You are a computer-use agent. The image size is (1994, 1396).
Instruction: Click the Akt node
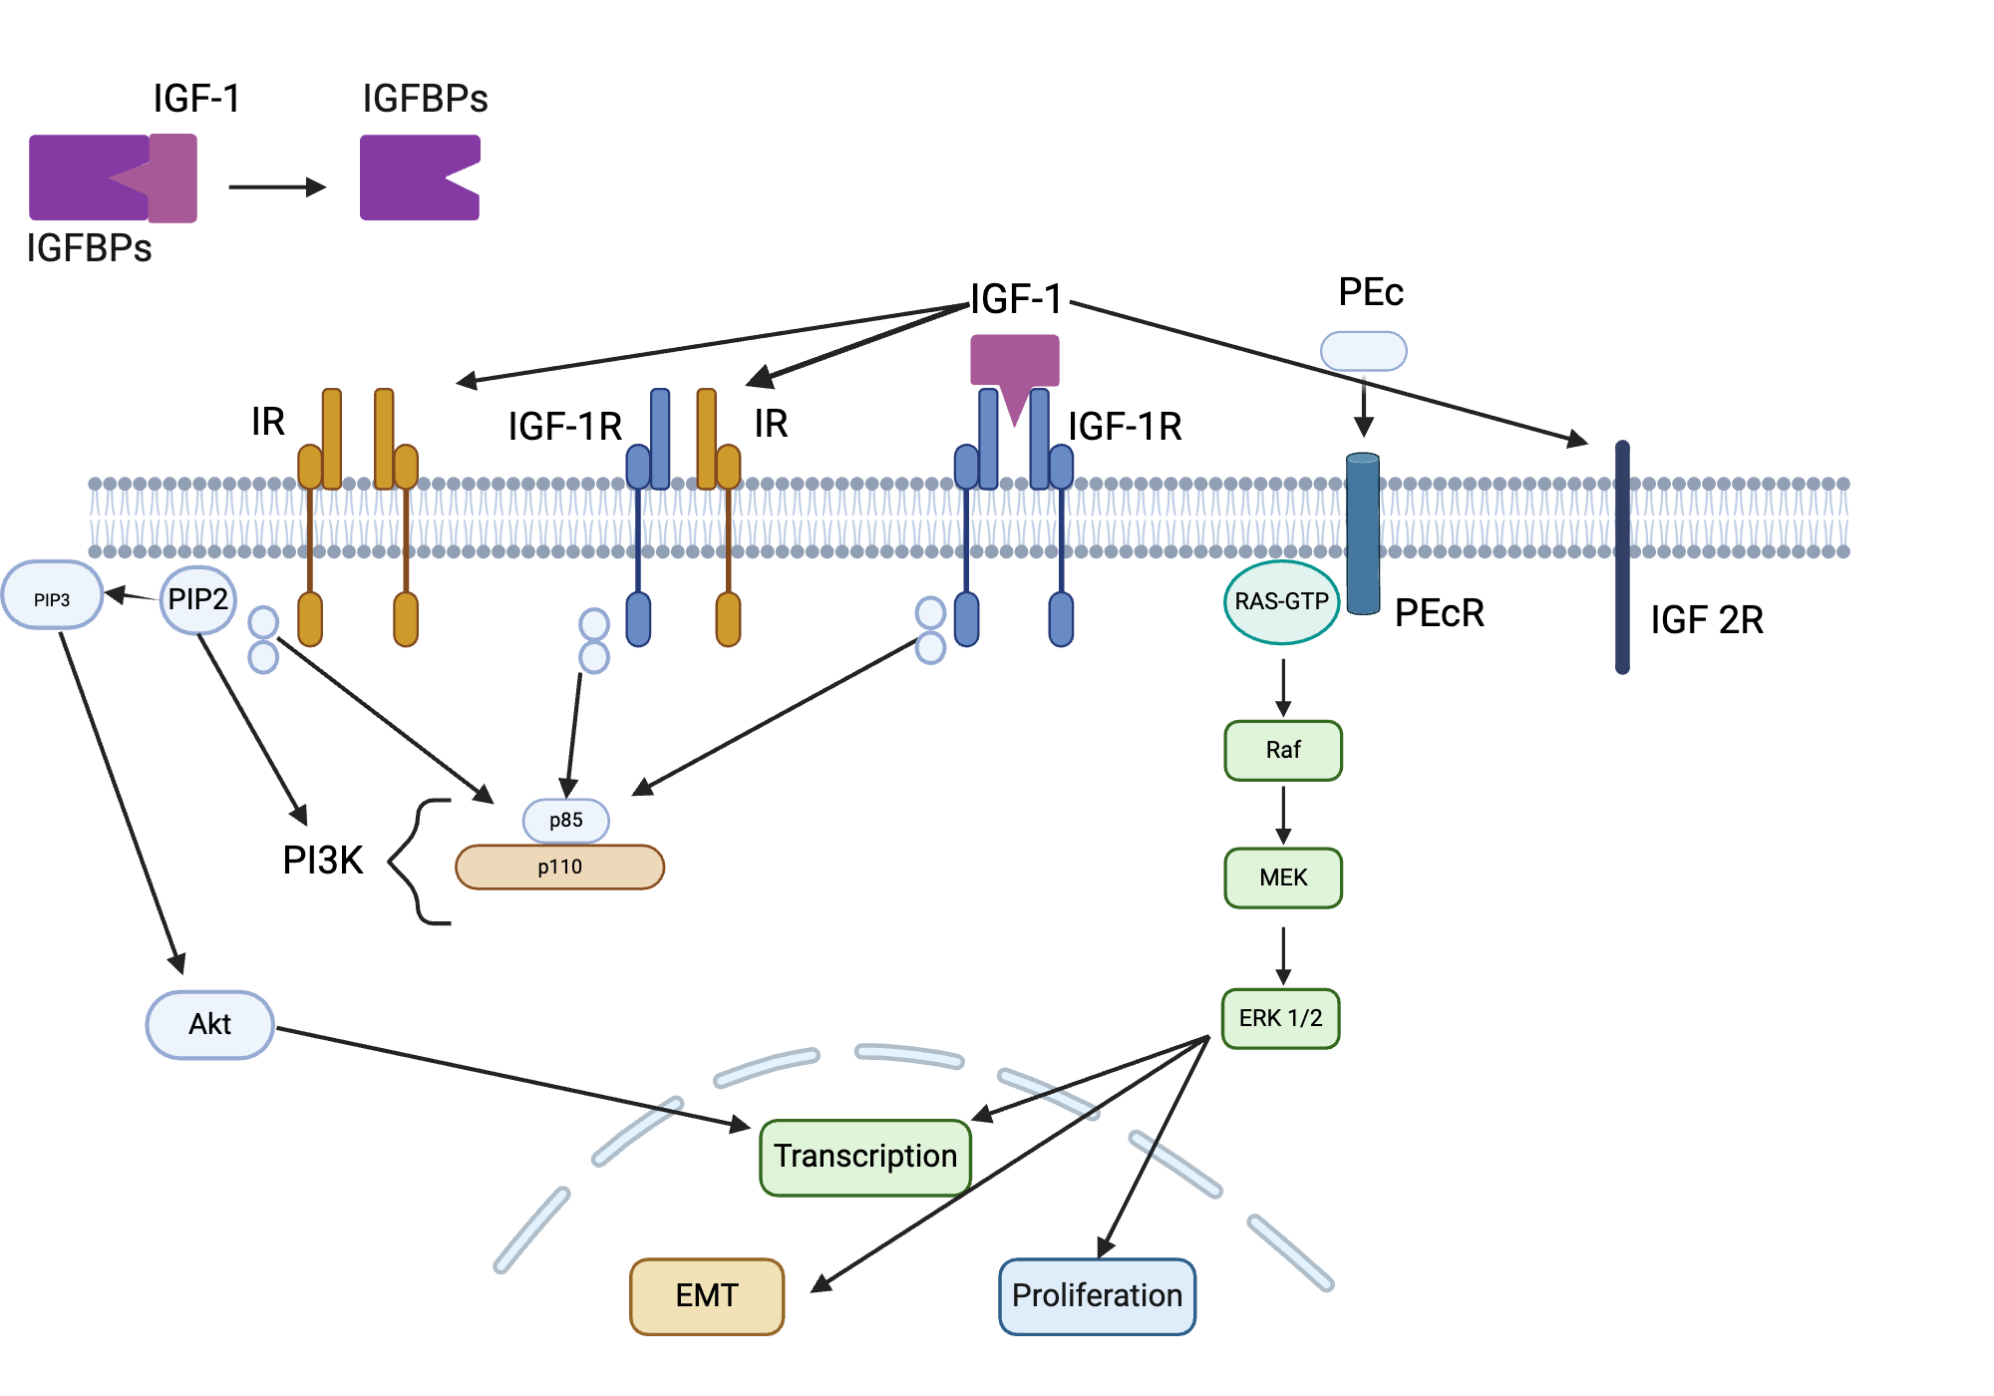pos(209,1024)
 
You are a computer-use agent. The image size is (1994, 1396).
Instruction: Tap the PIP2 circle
pos(197,599)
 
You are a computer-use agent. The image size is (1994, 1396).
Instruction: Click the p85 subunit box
pos(565,820)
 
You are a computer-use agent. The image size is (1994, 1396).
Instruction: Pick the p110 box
pos(559,867)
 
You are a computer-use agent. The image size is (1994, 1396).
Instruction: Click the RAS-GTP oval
pos(1281,601)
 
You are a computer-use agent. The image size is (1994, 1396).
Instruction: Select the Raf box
pos(1283,750)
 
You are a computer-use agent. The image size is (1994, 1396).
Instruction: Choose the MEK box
pos(1283,877)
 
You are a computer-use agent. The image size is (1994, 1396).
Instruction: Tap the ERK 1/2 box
pos(1281,1018)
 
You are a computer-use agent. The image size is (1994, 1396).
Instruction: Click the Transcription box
pos(864,1157)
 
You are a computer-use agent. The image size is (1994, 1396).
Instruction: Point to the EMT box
pos(707,1295)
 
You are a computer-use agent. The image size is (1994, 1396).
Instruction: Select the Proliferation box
pos(1097,1295)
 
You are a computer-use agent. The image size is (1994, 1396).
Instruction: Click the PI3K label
pos(322,860)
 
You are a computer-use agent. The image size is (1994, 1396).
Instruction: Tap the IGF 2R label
pos(1706,619)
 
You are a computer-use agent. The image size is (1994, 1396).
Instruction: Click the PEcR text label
pos(1439,613)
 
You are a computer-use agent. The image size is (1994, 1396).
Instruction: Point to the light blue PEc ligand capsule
pos(1363,351)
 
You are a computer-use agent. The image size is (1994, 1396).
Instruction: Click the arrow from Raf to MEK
pos(1283,814)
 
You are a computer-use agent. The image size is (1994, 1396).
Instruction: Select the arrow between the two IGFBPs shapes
pos(277,186)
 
